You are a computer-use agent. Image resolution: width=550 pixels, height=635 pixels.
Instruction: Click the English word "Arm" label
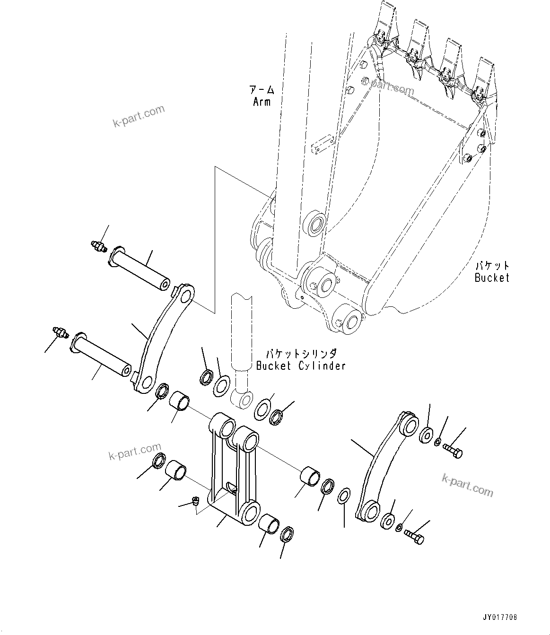(262, 101)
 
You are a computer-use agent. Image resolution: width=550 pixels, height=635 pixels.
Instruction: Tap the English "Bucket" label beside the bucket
(492, 278)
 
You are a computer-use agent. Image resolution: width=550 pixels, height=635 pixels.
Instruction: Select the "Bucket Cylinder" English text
(300, 365)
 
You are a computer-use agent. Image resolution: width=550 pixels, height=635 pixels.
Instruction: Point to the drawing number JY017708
(500, 618)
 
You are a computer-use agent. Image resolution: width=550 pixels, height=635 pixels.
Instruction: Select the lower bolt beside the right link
(415, 536)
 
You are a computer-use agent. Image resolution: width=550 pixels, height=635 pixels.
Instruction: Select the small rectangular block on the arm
(323, 144)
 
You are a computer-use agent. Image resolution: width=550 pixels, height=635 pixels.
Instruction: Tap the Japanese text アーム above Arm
(262, 89)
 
